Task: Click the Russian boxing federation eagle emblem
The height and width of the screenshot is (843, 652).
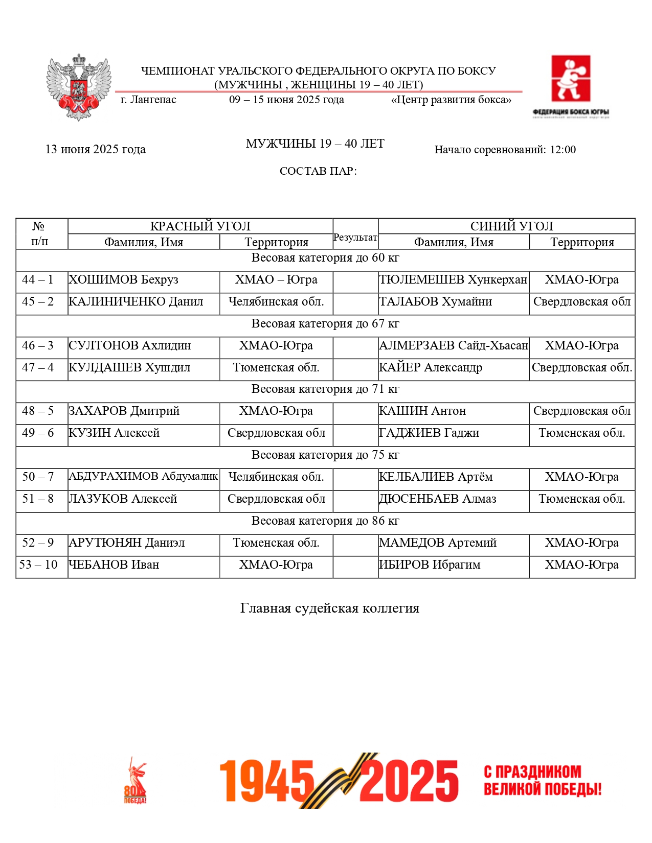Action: coord(79,87)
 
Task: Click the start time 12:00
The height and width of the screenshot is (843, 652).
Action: coord(563,150)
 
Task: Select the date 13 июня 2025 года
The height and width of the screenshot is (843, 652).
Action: coord(96,149)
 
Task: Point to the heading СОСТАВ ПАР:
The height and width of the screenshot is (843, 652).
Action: coord(318,171)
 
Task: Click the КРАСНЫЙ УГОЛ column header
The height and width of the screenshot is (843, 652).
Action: coord(200,226)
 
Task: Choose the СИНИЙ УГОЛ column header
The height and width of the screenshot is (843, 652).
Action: coord(511,226)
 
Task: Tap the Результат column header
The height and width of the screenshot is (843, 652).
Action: coord(355,238)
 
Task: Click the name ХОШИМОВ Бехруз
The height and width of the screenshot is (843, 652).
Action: coord(124,280)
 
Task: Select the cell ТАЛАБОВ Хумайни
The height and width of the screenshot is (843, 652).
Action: coord(436,302)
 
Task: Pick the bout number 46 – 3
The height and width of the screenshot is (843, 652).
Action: coord(38,346)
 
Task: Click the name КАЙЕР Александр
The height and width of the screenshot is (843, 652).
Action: coord(431,368)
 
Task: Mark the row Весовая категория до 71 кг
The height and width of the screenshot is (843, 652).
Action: coord(325,389)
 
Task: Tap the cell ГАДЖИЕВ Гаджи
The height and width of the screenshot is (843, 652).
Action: coord(429,433)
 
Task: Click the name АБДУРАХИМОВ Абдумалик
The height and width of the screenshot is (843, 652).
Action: coord(143,477)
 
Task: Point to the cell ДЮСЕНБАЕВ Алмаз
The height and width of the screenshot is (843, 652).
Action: coord(438,499)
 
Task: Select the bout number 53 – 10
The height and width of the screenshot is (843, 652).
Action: coord(38,565)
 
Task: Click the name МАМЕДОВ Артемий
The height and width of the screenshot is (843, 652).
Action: coord(438,543)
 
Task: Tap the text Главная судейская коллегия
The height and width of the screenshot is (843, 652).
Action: coord(330,608)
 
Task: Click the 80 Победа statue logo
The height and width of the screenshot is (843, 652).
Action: coord(135,781)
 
